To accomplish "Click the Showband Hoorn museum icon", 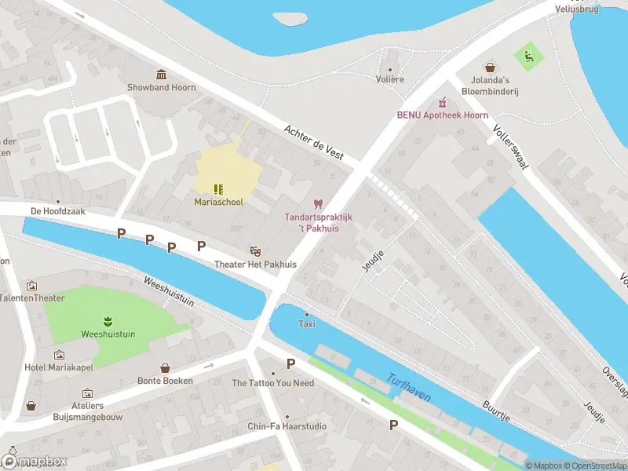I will click(161, 75).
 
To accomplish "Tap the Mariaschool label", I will click(219, 202).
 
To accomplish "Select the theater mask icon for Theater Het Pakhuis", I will click(255, 251).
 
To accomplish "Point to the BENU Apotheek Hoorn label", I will click(442, 115).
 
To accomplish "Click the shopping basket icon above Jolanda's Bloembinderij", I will click(491, 68).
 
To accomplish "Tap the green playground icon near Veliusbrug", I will click(528, 55).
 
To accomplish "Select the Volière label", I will click(390, 79).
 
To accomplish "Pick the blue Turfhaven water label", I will click(408, 387).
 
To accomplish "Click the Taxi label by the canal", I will click(307, 324).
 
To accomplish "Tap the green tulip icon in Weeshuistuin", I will click(105, 320).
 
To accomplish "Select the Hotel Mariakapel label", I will click(59, 367).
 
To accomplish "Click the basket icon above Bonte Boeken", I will click(166, 367).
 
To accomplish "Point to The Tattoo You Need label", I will click(272, 383).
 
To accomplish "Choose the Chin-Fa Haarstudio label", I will click(287, 426).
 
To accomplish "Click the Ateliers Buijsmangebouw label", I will click(87, 412).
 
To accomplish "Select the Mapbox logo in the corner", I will click(35, 461).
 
